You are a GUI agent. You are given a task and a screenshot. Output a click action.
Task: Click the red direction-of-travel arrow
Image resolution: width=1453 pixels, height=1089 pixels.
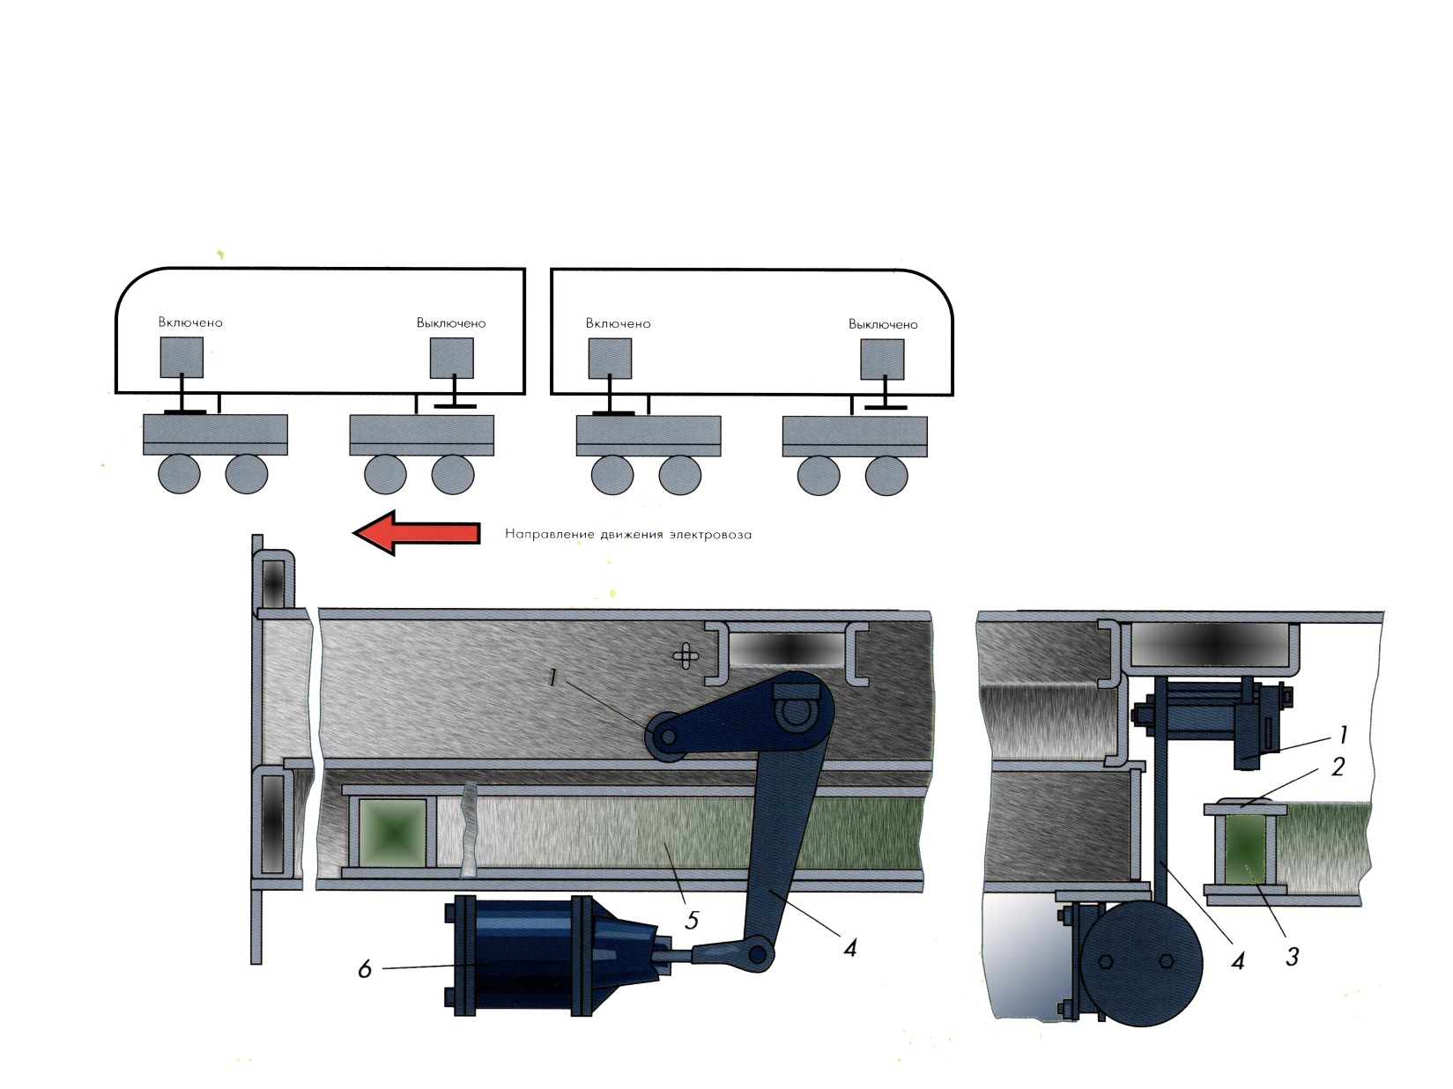[x=417, y=532]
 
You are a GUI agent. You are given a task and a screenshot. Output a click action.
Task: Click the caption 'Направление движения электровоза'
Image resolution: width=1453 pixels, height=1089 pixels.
[x=628, y=534]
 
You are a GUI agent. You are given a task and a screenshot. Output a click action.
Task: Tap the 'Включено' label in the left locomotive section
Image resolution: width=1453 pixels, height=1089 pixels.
[x=190, y=322]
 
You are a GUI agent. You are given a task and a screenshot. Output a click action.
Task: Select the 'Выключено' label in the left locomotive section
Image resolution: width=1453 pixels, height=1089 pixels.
[x=451, y=323]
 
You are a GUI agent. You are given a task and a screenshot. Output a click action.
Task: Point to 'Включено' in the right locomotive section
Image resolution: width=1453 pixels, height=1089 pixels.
[x=618, y=323]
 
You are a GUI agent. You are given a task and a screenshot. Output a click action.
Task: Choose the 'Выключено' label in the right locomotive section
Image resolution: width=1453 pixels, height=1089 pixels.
[x=883, y=325]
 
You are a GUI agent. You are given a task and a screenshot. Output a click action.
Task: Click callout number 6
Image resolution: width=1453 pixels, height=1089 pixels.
[x=365, y=970]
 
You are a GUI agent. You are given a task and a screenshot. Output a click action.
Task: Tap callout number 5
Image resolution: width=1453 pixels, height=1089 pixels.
[x=692, y=921]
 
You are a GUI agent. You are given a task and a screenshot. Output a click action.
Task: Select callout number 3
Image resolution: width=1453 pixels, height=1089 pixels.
[x=1292, y=957]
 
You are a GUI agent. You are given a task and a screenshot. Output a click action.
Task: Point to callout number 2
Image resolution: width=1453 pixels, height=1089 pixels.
[x=1338, y=767]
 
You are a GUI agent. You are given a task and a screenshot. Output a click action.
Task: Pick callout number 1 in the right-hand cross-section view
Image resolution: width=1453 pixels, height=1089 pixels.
[x=1343, y=735]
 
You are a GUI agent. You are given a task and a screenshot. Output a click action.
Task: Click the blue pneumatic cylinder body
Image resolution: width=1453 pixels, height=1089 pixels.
[x=520, y=956]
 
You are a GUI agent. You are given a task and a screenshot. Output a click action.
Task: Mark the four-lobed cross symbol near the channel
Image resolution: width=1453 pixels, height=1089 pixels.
[x=686, y=656]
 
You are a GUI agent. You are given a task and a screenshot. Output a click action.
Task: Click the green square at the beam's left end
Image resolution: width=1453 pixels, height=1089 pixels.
[x=392, y=833]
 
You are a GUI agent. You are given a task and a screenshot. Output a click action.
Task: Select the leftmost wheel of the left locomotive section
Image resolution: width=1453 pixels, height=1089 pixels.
[x=179, y=474]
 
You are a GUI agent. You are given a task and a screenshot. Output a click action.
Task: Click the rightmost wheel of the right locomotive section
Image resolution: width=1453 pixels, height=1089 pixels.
[x=886, y=475]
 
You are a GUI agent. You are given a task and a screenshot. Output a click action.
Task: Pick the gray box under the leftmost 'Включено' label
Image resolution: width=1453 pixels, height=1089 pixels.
[x=182, y=357]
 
